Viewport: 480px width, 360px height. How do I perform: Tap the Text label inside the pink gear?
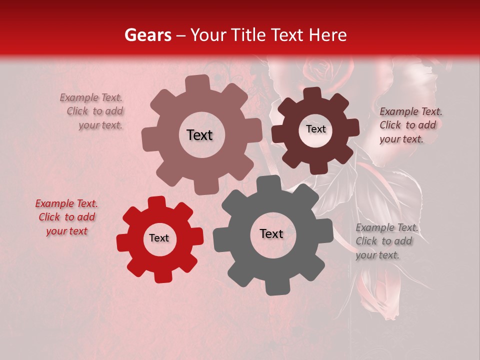(x=199, y=135)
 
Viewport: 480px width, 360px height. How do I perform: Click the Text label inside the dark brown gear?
(x=315, y=129)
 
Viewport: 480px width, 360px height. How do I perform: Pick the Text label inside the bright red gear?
(x=159, y=238)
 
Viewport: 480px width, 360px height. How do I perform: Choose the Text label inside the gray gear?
(x=271, y=234)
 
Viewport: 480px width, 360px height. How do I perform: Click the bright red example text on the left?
(x=66, y=217)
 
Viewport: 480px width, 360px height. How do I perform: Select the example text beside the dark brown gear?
(x=410, y=125)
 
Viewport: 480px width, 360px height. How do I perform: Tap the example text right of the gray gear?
(x=386, y=241)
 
